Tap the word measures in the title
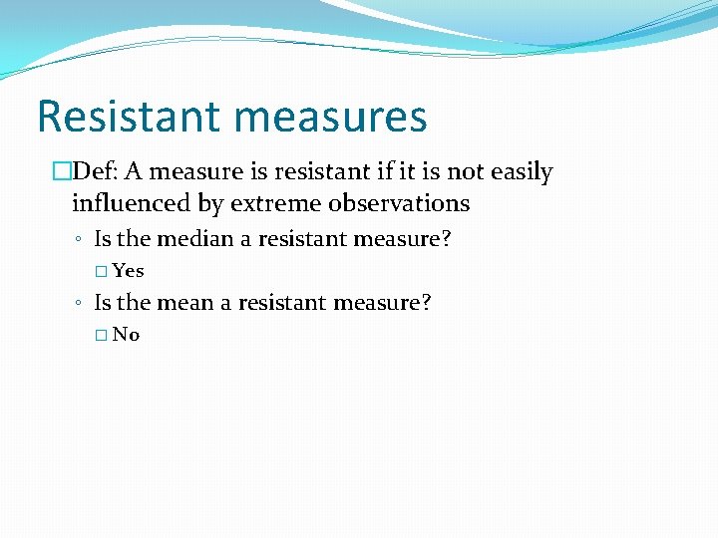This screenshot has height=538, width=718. point(333,116)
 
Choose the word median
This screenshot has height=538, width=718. point(195,239)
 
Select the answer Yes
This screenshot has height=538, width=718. point(129,271)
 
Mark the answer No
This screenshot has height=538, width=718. point(127,335)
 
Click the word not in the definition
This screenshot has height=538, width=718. point(465,172)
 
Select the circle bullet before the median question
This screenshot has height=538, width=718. point(78,240)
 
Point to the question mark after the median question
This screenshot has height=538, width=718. point(460,239)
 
